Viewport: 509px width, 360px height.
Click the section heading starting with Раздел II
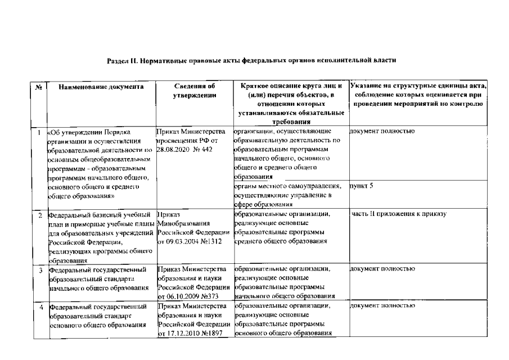pos(255,59)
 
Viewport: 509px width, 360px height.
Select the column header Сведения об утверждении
pos(194,91)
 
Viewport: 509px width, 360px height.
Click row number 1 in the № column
pos(38,132)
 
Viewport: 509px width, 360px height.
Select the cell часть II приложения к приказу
pos(398,214)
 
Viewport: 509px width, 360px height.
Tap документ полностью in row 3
pos(382,269)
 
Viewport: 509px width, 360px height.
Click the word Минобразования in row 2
pos(183,223)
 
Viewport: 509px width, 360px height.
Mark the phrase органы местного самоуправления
pos(287,186)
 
